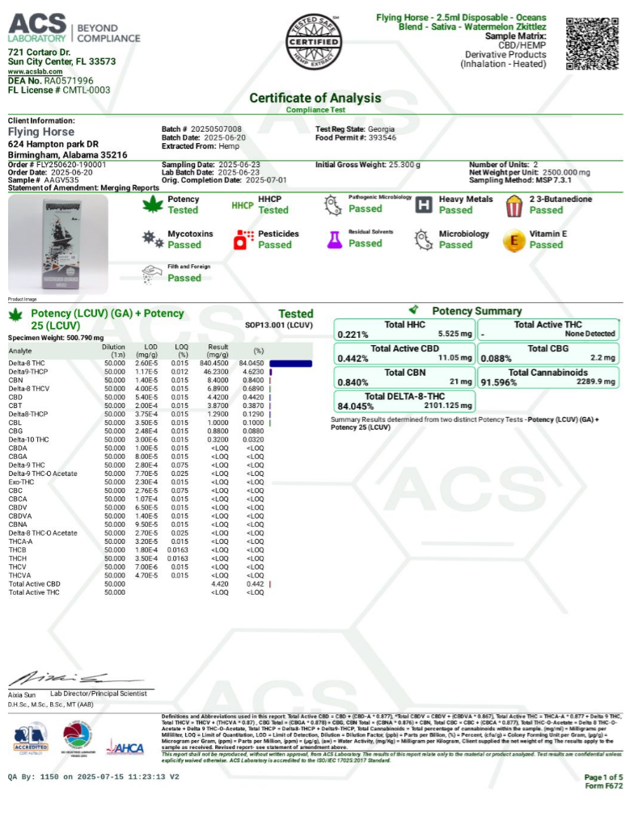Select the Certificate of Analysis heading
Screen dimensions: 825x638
[318, 98]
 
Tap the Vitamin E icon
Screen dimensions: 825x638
[513, 240]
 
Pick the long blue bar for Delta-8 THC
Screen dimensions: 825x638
[290, 364]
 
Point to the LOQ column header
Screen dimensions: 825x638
[183, 350]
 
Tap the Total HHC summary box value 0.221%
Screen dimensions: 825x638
[353, 334]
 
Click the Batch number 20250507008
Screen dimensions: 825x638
[216, 129]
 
